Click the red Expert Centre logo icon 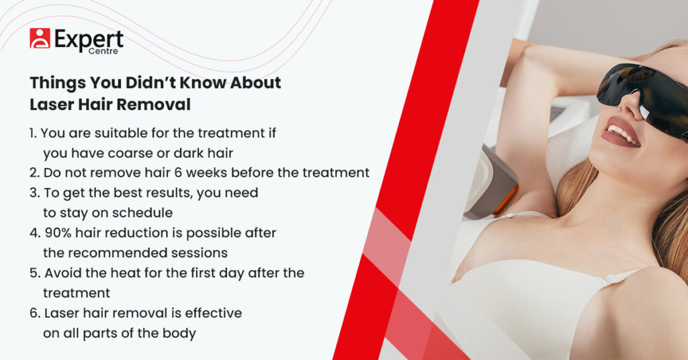point(40,38)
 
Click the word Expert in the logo point(89,40)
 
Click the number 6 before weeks point(177,173)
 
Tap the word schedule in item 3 point(142,213)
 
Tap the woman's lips point(619,132)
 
